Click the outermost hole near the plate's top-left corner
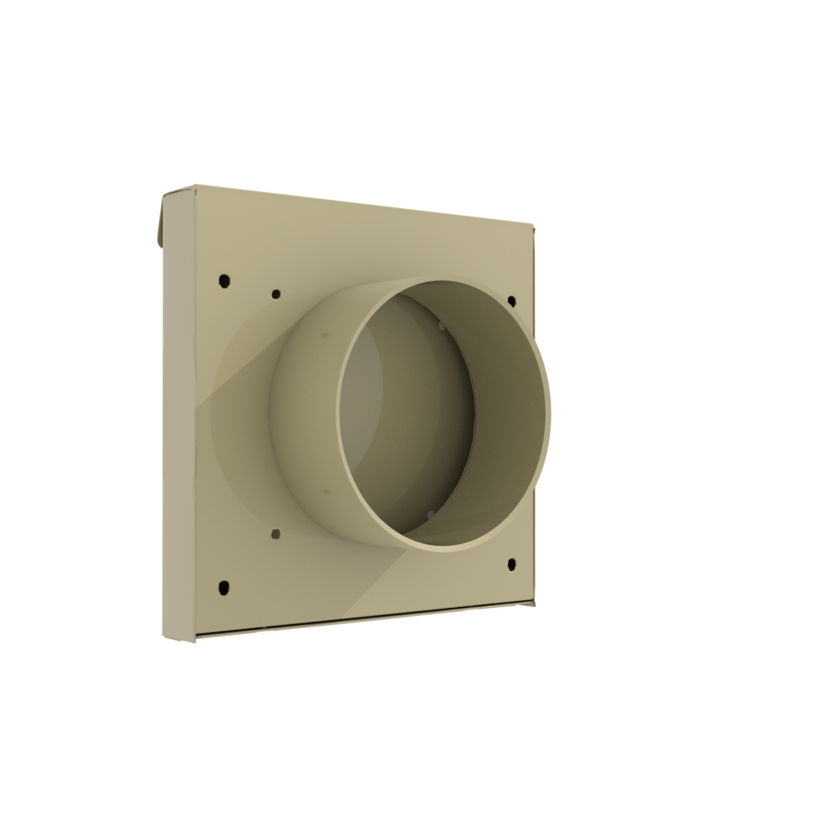[x=224, y=281]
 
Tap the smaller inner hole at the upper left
[x=276, y=293]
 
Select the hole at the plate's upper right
[x=512, y=301]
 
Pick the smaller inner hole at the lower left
[x=276, y=534]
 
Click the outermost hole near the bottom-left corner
[x=224, y=586]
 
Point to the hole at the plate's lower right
[x=512, y=564]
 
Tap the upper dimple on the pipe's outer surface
[x=325, y=334]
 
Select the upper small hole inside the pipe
[x=442, y=326]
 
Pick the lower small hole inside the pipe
[x=430, y=515]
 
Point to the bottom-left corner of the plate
[x=195, y=639]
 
